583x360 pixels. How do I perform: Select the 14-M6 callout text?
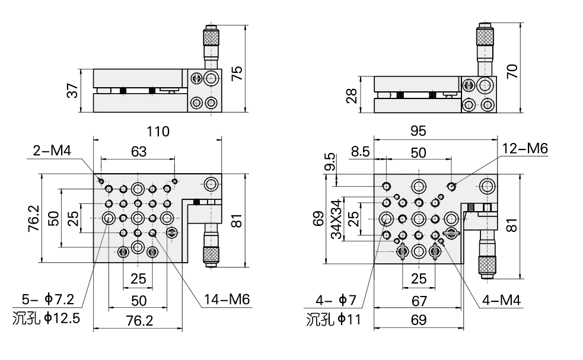(228, 300)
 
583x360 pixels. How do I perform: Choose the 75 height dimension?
(237, 73)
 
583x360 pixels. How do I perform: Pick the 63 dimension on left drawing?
(138, 152)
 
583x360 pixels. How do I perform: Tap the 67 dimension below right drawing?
(419, 300)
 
